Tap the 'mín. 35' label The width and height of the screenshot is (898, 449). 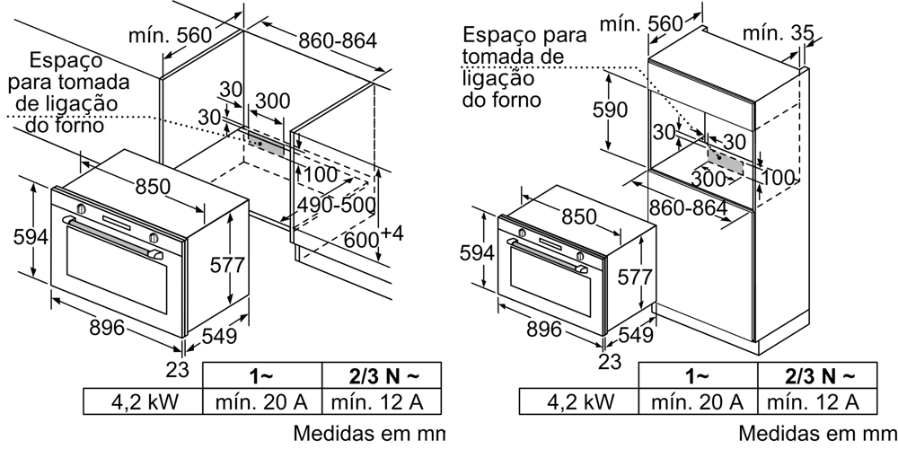coord(778,33)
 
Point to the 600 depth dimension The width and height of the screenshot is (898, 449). coord(362,240)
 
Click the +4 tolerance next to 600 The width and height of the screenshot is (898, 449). coord(392,233)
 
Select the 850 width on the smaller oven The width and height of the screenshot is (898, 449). coord(579,216)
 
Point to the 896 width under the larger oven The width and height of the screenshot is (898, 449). coord(106,328)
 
